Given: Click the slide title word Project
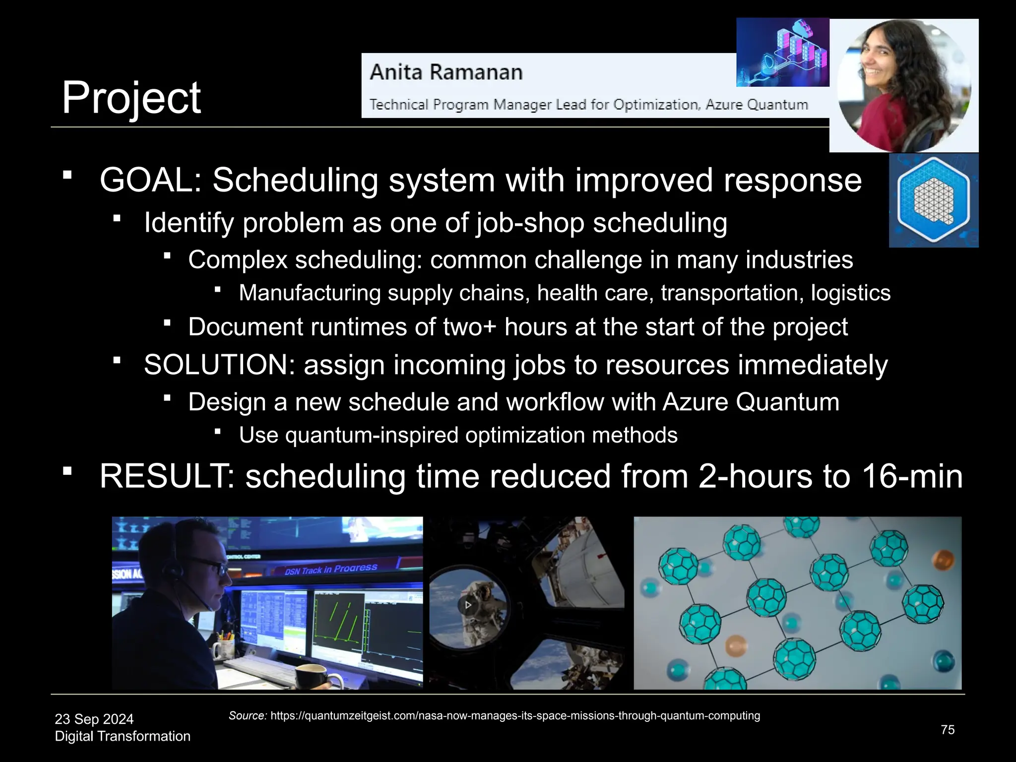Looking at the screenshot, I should click(131, 98).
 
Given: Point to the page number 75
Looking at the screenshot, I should click(948, 730).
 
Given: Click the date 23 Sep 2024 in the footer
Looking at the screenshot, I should click(94, 719).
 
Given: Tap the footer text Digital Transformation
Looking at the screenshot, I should click(123, 736).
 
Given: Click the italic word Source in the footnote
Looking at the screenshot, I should click(248, 716).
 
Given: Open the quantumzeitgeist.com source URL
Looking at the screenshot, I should click(515, 716).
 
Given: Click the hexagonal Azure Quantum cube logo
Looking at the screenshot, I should click(933, 200).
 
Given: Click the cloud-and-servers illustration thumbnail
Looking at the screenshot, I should click(782, 53).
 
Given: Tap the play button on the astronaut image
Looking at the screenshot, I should click(468, 605).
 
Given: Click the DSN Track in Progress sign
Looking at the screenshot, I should click(331, 569).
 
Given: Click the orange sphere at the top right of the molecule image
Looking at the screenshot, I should click(943, 560).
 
